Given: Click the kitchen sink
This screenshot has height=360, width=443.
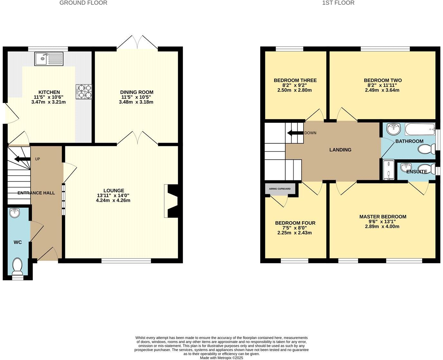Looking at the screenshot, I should tap(49, 59).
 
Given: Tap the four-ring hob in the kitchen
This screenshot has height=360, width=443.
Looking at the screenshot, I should tap(84, 91).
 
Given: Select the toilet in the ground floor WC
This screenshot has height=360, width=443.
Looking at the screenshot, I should tap(17, 266).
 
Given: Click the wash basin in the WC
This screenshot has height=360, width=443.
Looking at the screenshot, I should tap(15, 213).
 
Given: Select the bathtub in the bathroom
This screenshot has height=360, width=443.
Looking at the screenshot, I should tap(419, 129).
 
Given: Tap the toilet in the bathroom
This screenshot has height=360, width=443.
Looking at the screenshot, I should tap(426, 149).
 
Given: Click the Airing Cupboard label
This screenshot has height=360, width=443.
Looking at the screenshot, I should tap(280, 189).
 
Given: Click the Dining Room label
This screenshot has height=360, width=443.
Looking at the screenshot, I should tap(137, 92).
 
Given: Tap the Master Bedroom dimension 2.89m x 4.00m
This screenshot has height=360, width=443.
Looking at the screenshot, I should tap(382, 226).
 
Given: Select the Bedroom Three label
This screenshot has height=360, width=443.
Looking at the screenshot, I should tap(295, 80).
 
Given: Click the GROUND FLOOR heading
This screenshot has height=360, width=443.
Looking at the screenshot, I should tap(83, 3).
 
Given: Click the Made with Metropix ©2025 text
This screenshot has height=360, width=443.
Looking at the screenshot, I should tap(221, 358).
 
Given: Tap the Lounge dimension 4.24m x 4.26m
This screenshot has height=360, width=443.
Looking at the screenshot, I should tap(113, 200).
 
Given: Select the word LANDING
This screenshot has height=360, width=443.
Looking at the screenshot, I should tap(340, 150).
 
